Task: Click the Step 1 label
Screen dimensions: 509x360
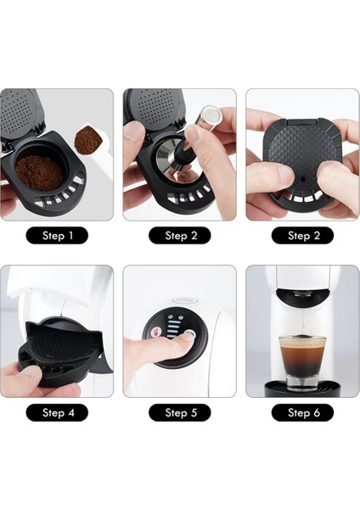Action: tap(56, 236)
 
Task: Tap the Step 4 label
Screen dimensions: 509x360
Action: tap(56, 412)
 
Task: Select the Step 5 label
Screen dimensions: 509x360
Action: tap(179, 412)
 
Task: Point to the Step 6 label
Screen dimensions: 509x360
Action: tap(302, 412)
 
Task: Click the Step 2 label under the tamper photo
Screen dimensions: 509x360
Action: tap(179, 236)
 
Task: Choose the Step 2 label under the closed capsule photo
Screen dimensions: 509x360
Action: tap(302, 236)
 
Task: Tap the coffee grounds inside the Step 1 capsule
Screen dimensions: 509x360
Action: tap(40, 172)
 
